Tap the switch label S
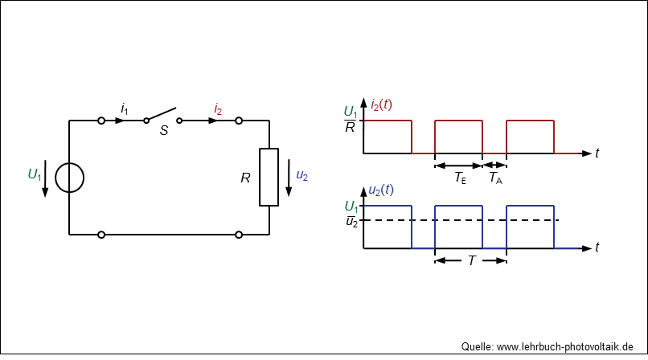coord(164,130)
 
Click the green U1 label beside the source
coord(35,174)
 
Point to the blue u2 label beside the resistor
coord(302,175)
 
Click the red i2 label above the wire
coord(218,109)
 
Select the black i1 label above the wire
coord(125,109)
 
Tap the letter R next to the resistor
coord(245,178)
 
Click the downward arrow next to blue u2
coord(289,178)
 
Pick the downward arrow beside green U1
coord(46,178)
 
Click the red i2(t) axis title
coord(381,104)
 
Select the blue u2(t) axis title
coord(380,190)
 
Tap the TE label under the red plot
coord(460,178)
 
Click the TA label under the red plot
coord(495,178)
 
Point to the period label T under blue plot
coord(472,260)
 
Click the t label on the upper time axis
coord(597,153)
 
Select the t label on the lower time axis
coord(597,247)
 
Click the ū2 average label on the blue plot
coord(351,221)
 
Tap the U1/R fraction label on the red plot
coord(351,119)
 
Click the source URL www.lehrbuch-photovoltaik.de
coord(564,347)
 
